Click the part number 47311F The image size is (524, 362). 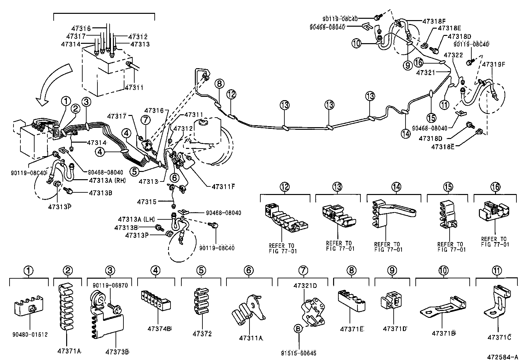tap(223, 187)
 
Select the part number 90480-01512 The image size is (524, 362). tap(30, 335)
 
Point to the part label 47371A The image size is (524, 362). tap(69, 351)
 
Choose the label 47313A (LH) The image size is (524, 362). tap(136, 219)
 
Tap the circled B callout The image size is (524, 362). tap(298, 329)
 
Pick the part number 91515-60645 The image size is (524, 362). tap(299, 353)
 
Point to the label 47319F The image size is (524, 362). tap(494, 64)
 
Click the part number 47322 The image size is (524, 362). tap(453, 55)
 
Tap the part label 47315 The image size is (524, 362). tap(147, 202)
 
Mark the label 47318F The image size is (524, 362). tap(434, 21)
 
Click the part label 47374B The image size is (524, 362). tap(159, 329)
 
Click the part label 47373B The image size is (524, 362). tap(117, 352)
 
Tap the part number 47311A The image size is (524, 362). tap(251, 338)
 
